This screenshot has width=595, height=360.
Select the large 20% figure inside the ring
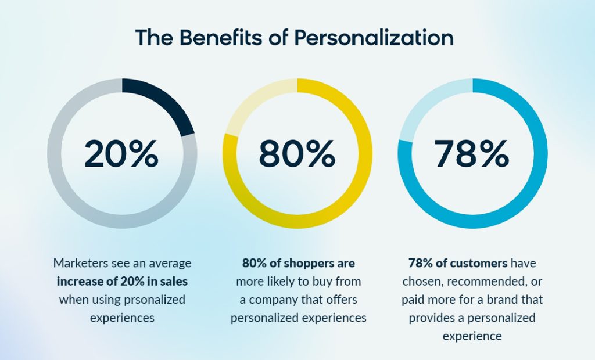pyautogui.click(x=121, y=154)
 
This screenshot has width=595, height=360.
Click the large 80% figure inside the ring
pyautogui.click(x=297, y=154)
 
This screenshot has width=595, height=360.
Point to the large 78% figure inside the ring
pyautogui.click(x=472, y=154)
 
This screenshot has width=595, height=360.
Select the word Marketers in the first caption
pyautogui.click(x=78, y=263)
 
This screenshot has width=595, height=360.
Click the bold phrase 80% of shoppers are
pyautogui.click(x=298, y=263)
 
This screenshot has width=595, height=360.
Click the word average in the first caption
pyautogui.click(x=167, y=263)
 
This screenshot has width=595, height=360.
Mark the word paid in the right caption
pyautogui.click(x=414, y=300)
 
